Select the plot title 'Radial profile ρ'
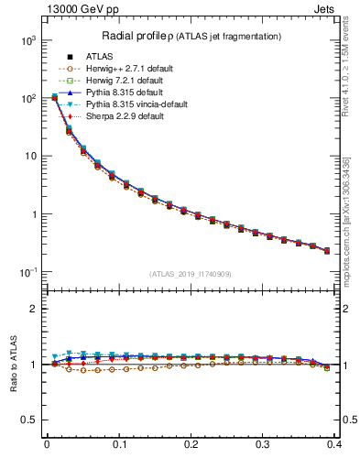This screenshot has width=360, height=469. click(x=140, y=36)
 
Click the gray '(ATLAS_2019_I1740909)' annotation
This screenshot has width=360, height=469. click(x=191, y=274)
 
